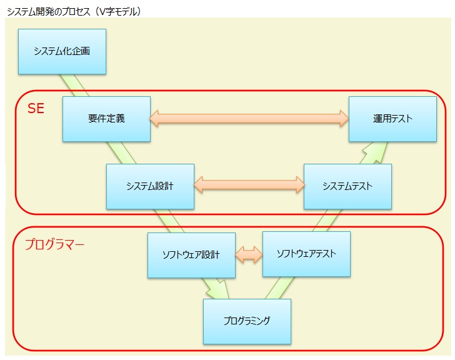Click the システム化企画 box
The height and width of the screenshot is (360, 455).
tap(61, 51)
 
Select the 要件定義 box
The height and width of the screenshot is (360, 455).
tap(106, 119)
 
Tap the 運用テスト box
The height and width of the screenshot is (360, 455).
tap(392, 119)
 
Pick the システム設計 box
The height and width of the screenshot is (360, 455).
tap(150, 186)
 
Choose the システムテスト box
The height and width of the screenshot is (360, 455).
tap(347, 186)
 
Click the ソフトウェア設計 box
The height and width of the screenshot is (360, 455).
tap(191, 255)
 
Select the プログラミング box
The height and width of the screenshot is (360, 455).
tap(247, 321)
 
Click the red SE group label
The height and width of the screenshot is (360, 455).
tap(36, 108)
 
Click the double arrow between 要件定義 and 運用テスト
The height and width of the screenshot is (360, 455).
tap(249, 118)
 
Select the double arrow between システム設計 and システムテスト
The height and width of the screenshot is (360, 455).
tap(249, 184)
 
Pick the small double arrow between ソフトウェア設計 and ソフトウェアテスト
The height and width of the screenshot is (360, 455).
tap(249, 254)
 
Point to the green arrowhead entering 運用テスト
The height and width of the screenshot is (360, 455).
tap(374, 150)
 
